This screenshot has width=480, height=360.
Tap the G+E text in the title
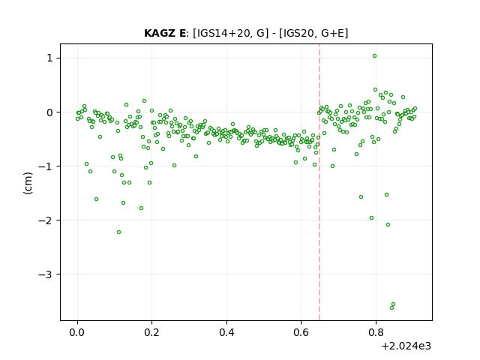(332, 33)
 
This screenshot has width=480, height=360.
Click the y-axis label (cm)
(28, 183)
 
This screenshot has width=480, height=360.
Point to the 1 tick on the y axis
(49, 58)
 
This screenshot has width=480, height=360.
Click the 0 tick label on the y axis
(49, 112)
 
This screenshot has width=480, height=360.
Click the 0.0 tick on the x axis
(77, 331)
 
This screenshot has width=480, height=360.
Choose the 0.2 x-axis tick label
(151, 331)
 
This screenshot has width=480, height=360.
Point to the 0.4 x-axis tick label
(226, 331)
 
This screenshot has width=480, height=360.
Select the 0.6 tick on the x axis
(301, 331)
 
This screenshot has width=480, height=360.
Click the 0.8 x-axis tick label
(376, 331)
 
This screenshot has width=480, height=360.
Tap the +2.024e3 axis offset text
(406, 346)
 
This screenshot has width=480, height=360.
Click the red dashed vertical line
(319, 182)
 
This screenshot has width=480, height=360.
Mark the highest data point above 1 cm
(374, 56)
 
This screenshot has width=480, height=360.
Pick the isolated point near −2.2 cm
(118, 232)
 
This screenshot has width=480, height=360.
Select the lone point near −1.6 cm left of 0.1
(96, 199)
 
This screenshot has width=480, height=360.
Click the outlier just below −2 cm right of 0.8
(388, 225)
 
